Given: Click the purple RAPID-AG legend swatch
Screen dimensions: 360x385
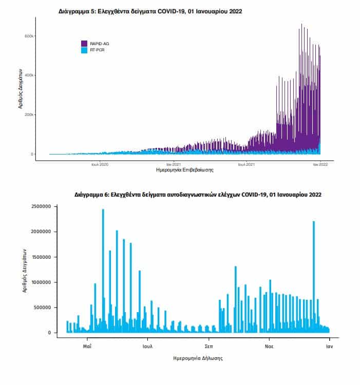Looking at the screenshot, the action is (x=84, y=44).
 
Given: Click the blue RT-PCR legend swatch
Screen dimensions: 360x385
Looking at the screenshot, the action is (x=84, y=50).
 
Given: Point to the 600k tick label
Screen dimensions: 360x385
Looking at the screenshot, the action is (x=29, y=36).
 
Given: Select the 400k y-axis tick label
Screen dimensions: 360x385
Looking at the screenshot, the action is (x=29, y=75).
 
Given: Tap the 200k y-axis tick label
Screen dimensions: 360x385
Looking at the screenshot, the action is (x=29, y=114).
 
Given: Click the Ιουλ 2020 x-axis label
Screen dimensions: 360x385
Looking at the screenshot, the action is (x=100, y=164).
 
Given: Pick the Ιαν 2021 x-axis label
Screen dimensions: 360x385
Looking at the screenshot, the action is (x=174, y=164).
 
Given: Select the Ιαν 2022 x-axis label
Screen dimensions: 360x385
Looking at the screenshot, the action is (x=320, y=164).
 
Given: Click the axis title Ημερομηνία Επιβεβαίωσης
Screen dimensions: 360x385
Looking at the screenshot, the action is (x=185, y=170).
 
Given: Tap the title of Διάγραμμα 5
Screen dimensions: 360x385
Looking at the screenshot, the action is (x=150, y=11).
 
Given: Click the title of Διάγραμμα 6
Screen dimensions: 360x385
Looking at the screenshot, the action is (x=198, y=195).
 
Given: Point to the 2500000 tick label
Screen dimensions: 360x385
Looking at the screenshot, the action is (x=41, y=206).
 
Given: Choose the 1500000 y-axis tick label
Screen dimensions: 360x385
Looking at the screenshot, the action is (x=41, y=257).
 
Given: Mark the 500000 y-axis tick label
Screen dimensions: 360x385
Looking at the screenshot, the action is (x=43, y=307).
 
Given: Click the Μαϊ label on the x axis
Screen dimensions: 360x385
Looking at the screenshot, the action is (x=87, y=346).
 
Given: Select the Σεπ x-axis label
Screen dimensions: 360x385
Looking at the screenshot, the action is (x=209, y=346).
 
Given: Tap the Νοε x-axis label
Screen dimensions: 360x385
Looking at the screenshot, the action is (x=269, y=346).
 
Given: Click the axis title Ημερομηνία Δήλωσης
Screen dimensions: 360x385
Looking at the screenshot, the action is (x=198, y=358).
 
